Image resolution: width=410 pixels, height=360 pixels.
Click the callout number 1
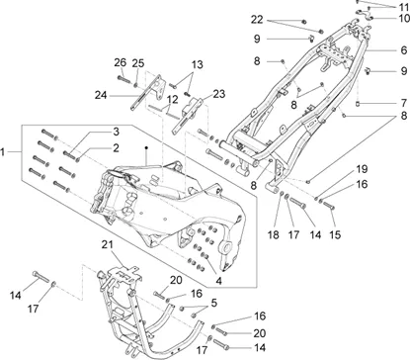pos(3,152)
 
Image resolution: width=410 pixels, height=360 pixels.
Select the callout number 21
pos(107,245)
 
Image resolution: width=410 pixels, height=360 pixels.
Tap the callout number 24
pos(102,95)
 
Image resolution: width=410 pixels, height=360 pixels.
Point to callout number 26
pos(121,62)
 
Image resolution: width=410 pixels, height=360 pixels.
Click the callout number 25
pos(138,63)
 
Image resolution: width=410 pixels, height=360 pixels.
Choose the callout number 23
pos(219,94)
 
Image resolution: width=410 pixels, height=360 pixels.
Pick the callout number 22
pos(257,20)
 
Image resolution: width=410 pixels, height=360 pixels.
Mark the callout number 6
pos(404,50)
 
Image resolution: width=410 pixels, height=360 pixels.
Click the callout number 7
pos(404,103)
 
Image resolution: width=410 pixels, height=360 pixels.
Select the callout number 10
pos(404,18)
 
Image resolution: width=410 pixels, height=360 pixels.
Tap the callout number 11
pos(403,7)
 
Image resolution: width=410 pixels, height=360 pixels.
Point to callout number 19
pos(362,169)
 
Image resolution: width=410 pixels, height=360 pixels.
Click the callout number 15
pos(335,234)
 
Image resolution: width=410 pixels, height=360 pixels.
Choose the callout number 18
pos(274,234)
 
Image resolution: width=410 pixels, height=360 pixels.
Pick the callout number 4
pos(219,281)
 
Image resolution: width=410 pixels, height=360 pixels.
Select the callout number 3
pos(116,132)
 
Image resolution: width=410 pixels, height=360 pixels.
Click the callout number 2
pos(116,148)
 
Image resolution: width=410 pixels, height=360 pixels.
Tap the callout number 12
pos(172,99)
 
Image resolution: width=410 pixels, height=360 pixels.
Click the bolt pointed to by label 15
pos(329,206)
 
